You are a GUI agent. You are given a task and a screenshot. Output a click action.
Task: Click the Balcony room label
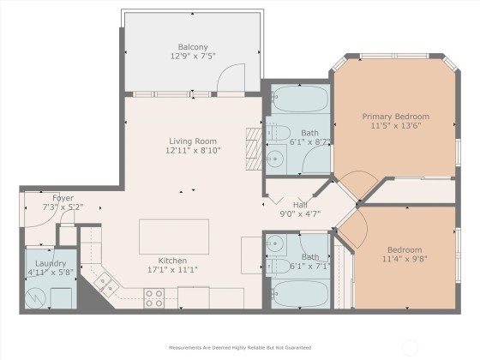pyautogui.click(x=193, y=47)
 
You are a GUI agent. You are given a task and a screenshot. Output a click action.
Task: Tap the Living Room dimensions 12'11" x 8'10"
pyautogui.click(x=193, y=151)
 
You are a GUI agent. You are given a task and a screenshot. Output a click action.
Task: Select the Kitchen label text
pyautogui.click(x=172, y=261)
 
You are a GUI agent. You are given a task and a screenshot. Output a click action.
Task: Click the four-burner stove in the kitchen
pyautogui.click(x=154, y=298)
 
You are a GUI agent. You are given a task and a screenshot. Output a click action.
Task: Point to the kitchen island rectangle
pyautogui.click(x=174, y=237)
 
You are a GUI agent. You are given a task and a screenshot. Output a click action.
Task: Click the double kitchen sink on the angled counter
pyautogui.click(x=106, y=284)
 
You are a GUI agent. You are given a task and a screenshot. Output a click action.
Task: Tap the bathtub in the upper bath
pyautogui.click(x=300, y=99)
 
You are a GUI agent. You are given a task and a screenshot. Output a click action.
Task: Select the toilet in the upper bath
pyautogui.click(x=278, y=133)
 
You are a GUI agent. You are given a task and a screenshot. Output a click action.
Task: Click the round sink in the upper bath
pyautogui.click(x=275, y=159)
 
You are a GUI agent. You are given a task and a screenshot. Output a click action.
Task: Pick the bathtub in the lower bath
pyautogui.click(x=300, y=294)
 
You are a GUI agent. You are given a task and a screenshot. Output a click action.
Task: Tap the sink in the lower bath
pyautogui.click(x=275, y=243)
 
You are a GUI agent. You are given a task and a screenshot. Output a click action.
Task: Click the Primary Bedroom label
pyautogui.click(x=396, y=117)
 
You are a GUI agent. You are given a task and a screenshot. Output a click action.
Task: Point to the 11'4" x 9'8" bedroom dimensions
pyautogui.click(x=405, y=259)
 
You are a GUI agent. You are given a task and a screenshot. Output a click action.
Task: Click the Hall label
pyautogui.click(x=300, y=205)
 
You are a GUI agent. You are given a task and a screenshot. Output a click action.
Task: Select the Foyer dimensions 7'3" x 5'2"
pyautogui.click(x=63, y=207)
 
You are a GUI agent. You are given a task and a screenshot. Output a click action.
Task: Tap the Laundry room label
pyautogui.click(x=51, y=264)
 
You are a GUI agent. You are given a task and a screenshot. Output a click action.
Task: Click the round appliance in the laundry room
pyautogui.click(x=35, y=298)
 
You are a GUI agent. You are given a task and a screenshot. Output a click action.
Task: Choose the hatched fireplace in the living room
pyautogui.click(x=254, y=149)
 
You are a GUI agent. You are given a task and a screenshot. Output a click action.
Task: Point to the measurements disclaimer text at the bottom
pyautogui.click(x=240, y=348)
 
